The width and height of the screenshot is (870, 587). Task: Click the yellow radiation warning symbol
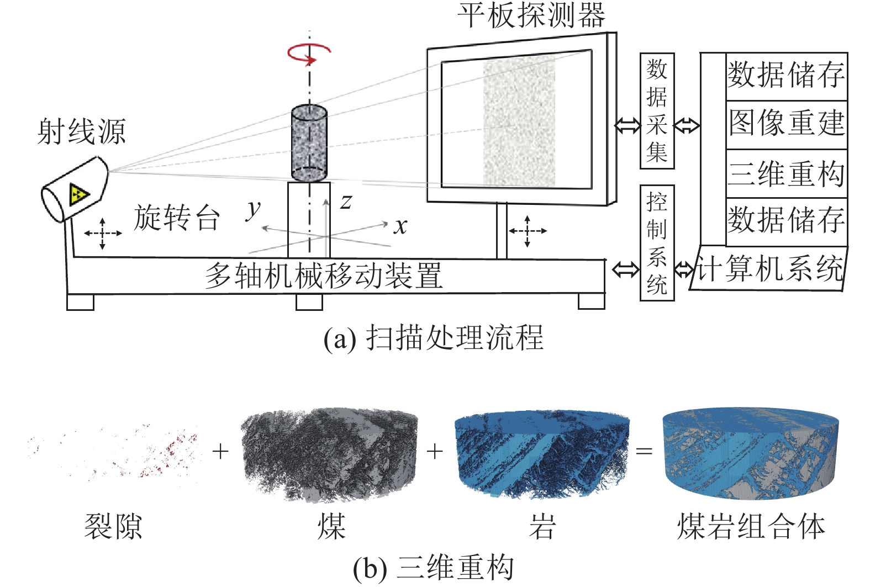[x=78, y=194]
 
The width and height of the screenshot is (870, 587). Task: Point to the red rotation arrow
[x=308, y=54]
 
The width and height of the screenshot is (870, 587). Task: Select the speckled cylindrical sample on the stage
[x=309, y=143]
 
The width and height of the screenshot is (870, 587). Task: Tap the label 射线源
[x=82, y=132]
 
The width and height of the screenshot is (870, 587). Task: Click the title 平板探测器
[x=531, y=15]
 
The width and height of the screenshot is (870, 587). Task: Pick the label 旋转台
[x=177, y=218]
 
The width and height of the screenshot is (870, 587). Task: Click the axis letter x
[x=400, y=225]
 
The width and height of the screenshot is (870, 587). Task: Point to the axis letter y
[x=254, y=209]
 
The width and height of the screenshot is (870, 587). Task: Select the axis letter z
[x=346, y=202]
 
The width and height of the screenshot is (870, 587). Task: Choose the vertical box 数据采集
[x=657, y=111]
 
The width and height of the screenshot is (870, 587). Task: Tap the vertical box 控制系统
[x=657, y=243]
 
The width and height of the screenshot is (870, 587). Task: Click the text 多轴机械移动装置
[x=324, y=276]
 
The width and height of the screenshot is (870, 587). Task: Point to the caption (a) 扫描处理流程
[x=434, y=338]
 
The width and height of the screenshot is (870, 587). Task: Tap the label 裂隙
[x=113, y=526]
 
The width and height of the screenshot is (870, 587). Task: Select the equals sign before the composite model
[x=644, y=451]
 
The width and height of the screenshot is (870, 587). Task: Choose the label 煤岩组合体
[x=751, y=526]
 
